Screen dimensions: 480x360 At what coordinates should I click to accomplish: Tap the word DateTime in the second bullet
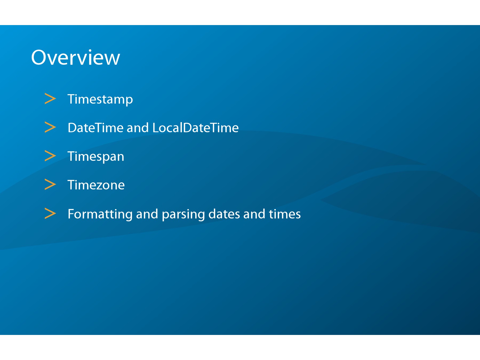point(95,127)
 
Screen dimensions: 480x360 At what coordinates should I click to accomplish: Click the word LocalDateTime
point(195,127)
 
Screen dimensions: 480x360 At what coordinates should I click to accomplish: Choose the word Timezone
point(96,185)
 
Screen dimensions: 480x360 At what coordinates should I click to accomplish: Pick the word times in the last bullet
point(285,214)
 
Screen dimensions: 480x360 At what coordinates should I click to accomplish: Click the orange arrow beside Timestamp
point(50,99)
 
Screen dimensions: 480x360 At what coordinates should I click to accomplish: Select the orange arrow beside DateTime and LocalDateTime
point(50,127)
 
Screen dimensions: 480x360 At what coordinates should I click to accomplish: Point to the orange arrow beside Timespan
point(50,156)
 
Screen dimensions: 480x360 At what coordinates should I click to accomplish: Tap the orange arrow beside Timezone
point(50,185)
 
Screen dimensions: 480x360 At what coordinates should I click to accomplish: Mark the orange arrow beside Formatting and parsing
point(50,213)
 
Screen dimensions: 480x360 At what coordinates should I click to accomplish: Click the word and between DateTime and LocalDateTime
point(138,127)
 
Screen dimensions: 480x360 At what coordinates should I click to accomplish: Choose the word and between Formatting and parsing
point(147,214)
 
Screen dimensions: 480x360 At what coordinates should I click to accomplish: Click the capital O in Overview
point(39,57)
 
